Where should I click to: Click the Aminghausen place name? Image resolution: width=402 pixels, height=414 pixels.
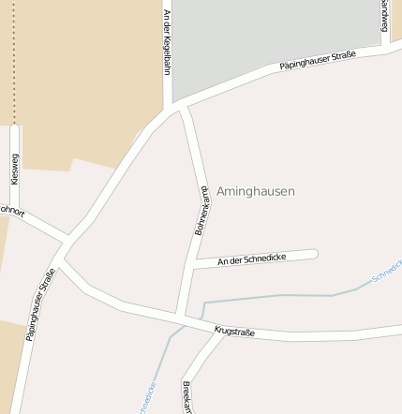click(255, 191)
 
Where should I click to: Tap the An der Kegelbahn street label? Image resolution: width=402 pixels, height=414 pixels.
click(167, 47)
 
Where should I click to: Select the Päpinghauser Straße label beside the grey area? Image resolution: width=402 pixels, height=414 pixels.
click(319, 62)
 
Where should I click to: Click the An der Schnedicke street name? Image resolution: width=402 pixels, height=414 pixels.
click(251, 259)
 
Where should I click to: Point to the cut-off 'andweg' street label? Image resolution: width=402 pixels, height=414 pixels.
click(384, 15)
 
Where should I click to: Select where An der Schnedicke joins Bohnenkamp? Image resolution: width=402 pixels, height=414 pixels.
click(194, 268)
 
